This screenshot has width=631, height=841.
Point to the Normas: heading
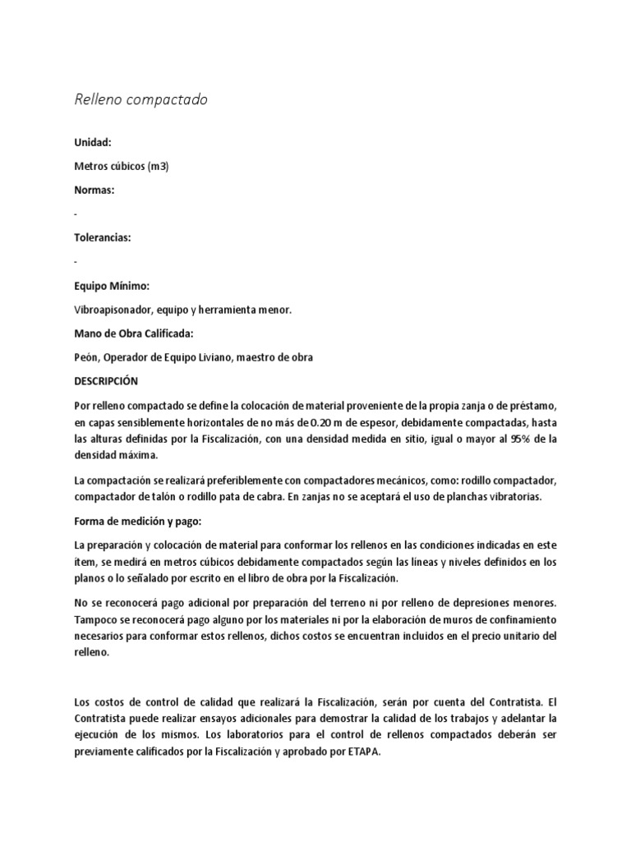[94, 190]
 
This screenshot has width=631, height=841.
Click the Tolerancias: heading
[103, 237]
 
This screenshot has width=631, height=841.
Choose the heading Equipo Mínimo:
[112, 285]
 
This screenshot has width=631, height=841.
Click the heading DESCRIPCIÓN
[106, 381]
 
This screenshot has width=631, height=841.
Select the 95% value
[518, 439]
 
